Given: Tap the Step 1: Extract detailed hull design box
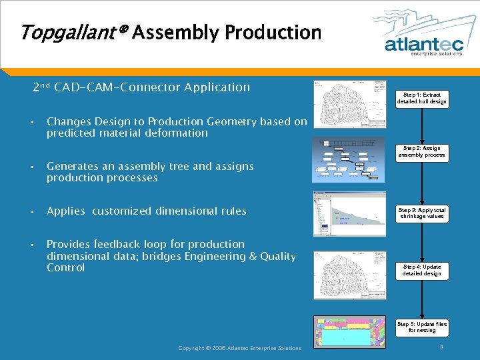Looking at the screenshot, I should click(422, 99).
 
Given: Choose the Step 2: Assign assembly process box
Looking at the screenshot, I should click(422, 152).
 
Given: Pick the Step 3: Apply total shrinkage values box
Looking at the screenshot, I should click(422, 213).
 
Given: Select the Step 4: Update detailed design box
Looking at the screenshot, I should click(422, 270).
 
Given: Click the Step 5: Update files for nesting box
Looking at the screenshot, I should click(422, 327).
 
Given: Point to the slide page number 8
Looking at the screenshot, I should click(441, 347).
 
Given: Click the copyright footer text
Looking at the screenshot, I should click(240, 348).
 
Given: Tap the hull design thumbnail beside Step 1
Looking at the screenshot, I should click(349, 104).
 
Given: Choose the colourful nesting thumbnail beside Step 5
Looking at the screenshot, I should click(349, 331).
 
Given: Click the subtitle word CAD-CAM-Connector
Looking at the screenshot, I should click(118, 87).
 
